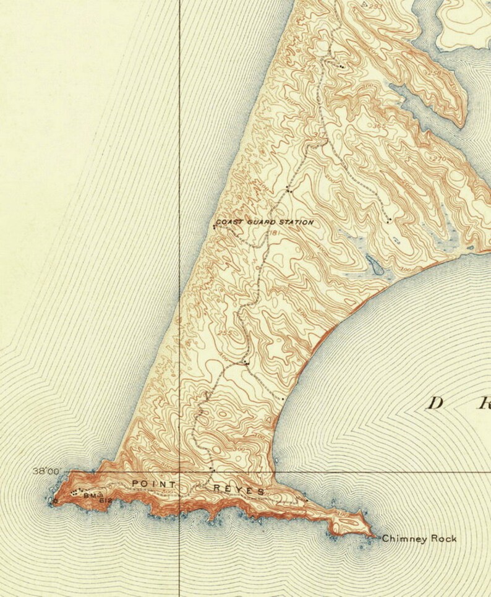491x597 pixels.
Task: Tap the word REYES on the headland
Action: tap(239, 490)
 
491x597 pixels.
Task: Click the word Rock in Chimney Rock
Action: tap(444, 539)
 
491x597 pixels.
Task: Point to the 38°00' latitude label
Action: tap(46, 471)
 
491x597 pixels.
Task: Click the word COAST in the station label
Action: tap(227, 221)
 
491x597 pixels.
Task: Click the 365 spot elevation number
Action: tap(380, 126)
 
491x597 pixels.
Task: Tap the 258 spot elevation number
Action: tap(434, 73)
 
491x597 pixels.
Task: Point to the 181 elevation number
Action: tap(274, 233)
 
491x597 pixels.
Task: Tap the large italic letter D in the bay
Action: tap(436, 403)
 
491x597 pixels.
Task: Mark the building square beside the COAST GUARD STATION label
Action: tap(214, 226)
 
